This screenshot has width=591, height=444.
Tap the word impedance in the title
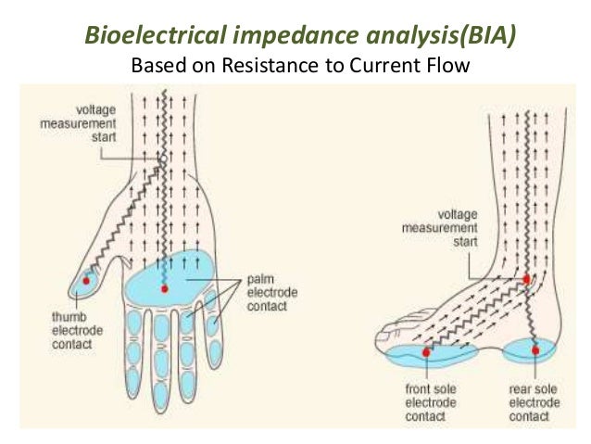tap(272, 35)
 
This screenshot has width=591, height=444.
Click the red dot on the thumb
tap(87, 278)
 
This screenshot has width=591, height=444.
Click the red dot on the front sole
tap(426, 352)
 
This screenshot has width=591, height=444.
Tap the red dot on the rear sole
tap(534, 350)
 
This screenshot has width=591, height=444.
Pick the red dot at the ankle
tap(527, 278)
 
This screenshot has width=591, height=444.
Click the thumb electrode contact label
tap(70, 330)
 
